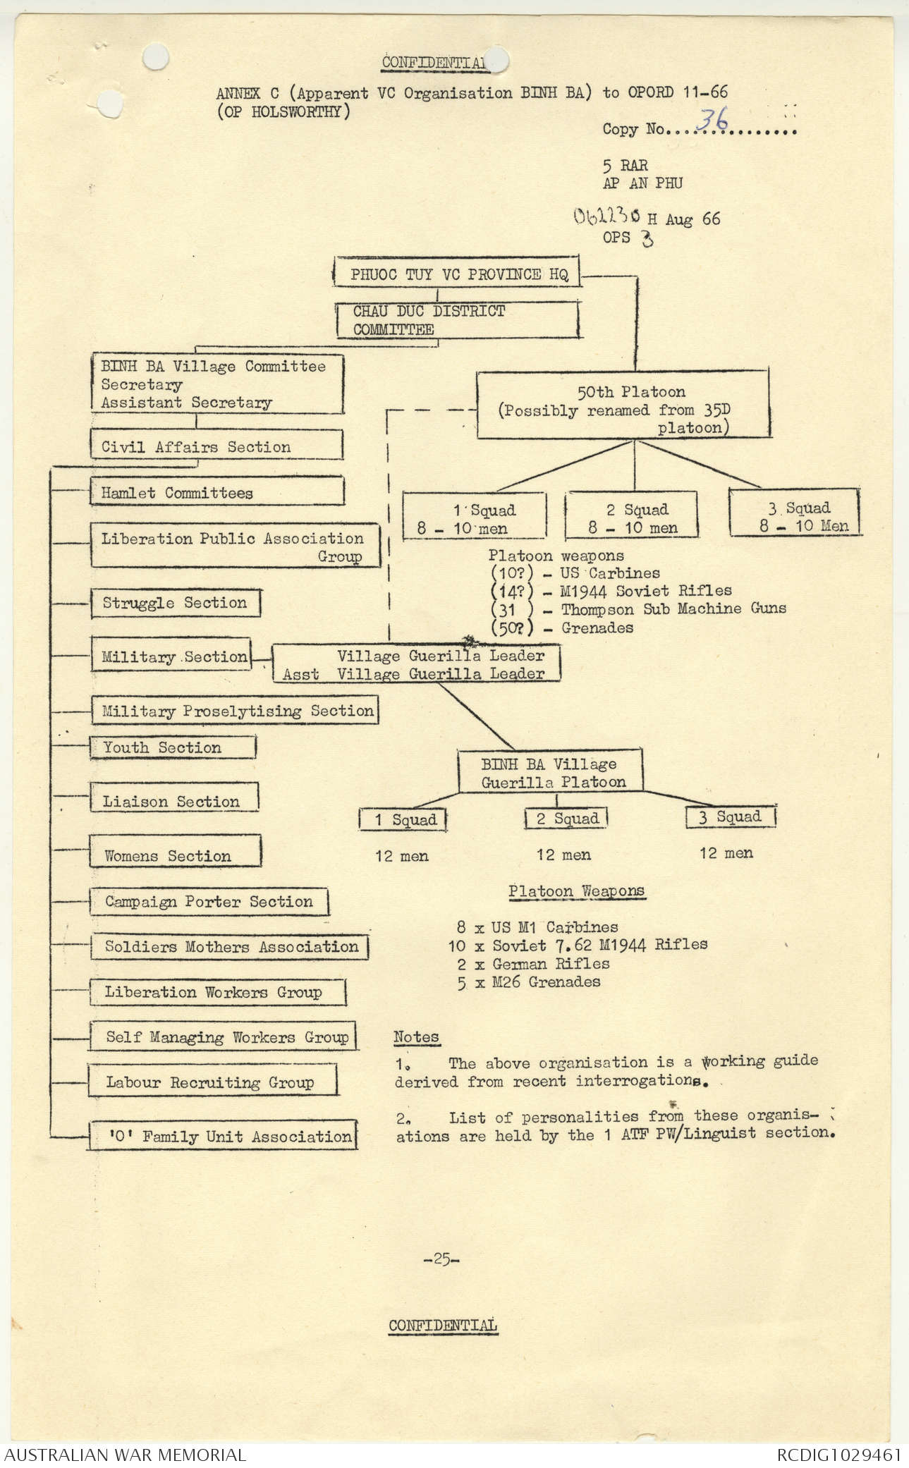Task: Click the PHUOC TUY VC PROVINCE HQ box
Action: click(x=457, y=274)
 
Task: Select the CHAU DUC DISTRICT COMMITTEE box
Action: click(x=457, y=320)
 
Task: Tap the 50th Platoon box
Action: click(x=623, y=405)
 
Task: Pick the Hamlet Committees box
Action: click(x=216, y=491)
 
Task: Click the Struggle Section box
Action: click(x=176, y=603)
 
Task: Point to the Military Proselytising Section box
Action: click(x=235, y=711)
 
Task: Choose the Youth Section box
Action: click(x=173, y=747)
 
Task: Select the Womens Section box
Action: click(x=175, y=852)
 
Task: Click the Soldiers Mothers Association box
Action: click(x=230, y=946)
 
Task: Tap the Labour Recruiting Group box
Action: click(x=212, y=1082)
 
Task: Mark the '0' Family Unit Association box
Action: click(x=222, y=1136)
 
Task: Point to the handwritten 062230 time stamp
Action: click(x=606, y=216)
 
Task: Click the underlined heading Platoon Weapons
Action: click(x=576, y=891)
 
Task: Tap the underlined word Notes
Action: click(x=416, y=1036)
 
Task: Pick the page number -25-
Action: click(x=441, y=1259)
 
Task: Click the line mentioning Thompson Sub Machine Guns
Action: click(x=638, y=608)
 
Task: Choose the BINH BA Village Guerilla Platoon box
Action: click(x=550, y=772)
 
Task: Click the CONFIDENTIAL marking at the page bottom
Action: click(x=443, y=1325)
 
